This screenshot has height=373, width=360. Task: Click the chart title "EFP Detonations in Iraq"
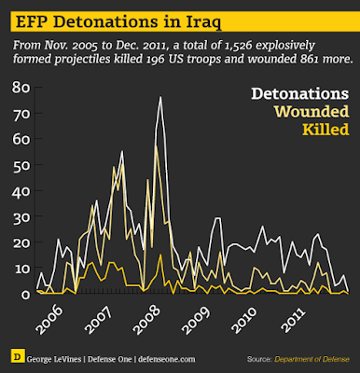(118, 21)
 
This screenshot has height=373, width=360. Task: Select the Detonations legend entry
(300, 93)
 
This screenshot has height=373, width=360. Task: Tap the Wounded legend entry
(312, 112)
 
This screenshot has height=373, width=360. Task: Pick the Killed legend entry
(325, 130)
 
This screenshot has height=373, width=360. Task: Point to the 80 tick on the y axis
(21, 88)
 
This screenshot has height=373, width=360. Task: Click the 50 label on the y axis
(21, 165)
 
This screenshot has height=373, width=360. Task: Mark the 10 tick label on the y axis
(21, 268)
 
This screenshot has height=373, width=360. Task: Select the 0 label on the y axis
(25, 294)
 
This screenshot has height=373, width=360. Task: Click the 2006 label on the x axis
(49, 320)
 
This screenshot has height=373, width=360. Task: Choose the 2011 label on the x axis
(293, 320)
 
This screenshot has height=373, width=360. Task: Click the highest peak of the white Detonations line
(160, 97)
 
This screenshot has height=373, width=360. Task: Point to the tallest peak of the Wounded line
(156, 145)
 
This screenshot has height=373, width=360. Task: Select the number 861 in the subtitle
(309, 59)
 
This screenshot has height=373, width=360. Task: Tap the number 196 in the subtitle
(155, 59)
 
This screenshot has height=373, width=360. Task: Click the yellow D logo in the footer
(18, 356)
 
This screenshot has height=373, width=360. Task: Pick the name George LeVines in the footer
(54, 359)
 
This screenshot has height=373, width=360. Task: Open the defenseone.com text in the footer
(167, 359)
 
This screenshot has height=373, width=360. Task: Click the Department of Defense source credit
(312, 359)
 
